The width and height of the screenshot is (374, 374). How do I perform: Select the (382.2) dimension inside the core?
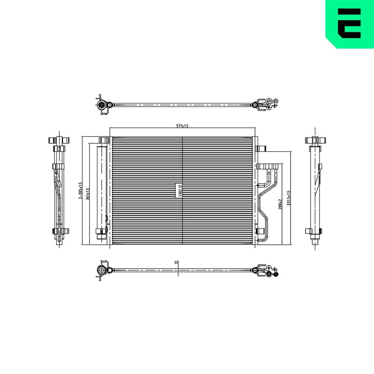click(x=180, y=191)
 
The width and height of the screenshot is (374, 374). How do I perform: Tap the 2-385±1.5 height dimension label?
click(x=80, y=191)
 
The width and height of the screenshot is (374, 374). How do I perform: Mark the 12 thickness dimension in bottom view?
click(x=176, y=263)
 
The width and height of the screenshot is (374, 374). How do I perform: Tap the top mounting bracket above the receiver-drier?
click(x=104, y=141)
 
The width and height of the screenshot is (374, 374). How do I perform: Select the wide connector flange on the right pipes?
click(x=269, y=166)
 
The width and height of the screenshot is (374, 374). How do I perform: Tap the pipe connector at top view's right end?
click(x=266, y=105)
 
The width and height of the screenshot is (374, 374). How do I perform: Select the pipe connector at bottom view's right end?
click(x=266, y=271)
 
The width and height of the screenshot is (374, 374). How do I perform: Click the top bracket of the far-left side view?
click(x=59, y=141)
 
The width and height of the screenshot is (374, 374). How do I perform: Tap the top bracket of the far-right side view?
click(x=315, y=141)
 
